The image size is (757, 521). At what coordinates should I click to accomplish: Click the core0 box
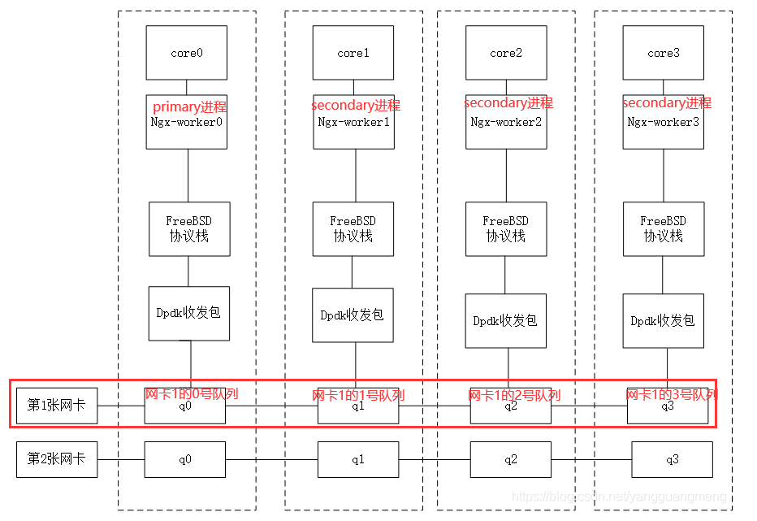point(187,53)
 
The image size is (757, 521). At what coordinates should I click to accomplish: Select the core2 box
point(505,53)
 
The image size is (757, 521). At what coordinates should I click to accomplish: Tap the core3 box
point(663,53)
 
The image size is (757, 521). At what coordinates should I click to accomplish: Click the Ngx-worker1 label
point(353,123)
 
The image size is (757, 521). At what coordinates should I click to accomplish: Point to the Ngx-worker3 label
point(663,123)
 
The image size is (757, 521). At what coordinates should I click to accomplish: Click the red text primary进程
point(189,106)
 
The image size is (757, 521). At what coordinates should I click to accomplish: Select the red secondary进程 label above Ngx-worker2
point(508,103)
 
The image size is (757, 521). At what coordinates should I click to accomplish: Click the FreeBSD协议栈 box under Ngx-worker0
point(189,228)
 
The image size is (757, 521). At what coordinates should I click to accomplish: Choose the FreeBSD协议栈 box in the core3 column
point(663,228)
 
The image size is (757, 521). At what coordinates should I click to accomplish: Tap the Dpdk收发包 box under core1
point(353,315)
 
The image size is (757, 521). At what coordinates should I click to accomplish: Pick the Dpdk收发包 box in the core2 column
point(505,320)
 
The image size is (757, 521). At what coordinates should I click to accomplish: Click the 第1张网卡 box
point(57,405)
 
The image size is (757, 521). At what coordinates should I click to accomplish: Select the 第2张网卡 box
point(57,459)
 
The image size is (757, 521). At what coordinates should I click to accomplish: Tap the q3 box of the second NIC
point(672,460)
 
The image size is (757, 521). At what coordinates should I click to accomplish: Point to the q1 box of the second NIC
point(357,460)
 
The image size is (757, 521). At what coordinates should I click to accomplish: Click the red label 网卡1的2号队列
point(513,395)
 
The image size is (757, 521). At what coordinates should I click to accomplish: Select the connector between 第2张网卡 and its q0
point(121,460)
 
